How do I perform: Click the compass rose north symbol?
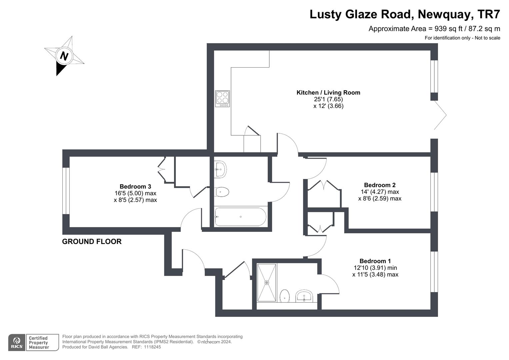pos(64,56)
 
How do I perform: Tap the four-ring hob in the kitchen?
pos(222,99)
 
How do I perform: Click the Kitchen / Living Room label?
pos(328,93)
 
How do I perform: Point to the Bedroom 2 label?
pos(380,185)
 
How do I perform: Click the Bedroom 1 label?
pos(375,261)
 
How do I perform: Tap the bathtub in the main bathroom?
pos(240,217)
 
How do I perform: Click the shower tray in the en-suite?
pos(267,283)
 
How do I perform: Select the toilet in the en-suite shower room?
pos(285,296)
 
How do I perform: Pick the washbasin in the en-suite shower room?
pos(304,296)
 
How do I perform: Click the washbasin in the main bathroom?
pos(220,169)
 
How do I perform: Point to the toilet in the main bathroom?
pos(222,192)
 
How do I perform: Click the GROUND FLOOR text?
pos(92,242)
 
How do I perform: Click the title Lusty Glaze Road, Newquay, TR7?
pos(405,14)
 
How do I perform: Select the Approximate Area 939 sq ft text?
pos(434,29)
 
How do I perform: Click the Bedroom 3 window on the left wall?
pos(66,191)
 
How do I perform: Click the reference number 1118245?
pos(151,347)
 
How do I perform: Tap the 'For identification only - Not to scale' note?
pos(462,38)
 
